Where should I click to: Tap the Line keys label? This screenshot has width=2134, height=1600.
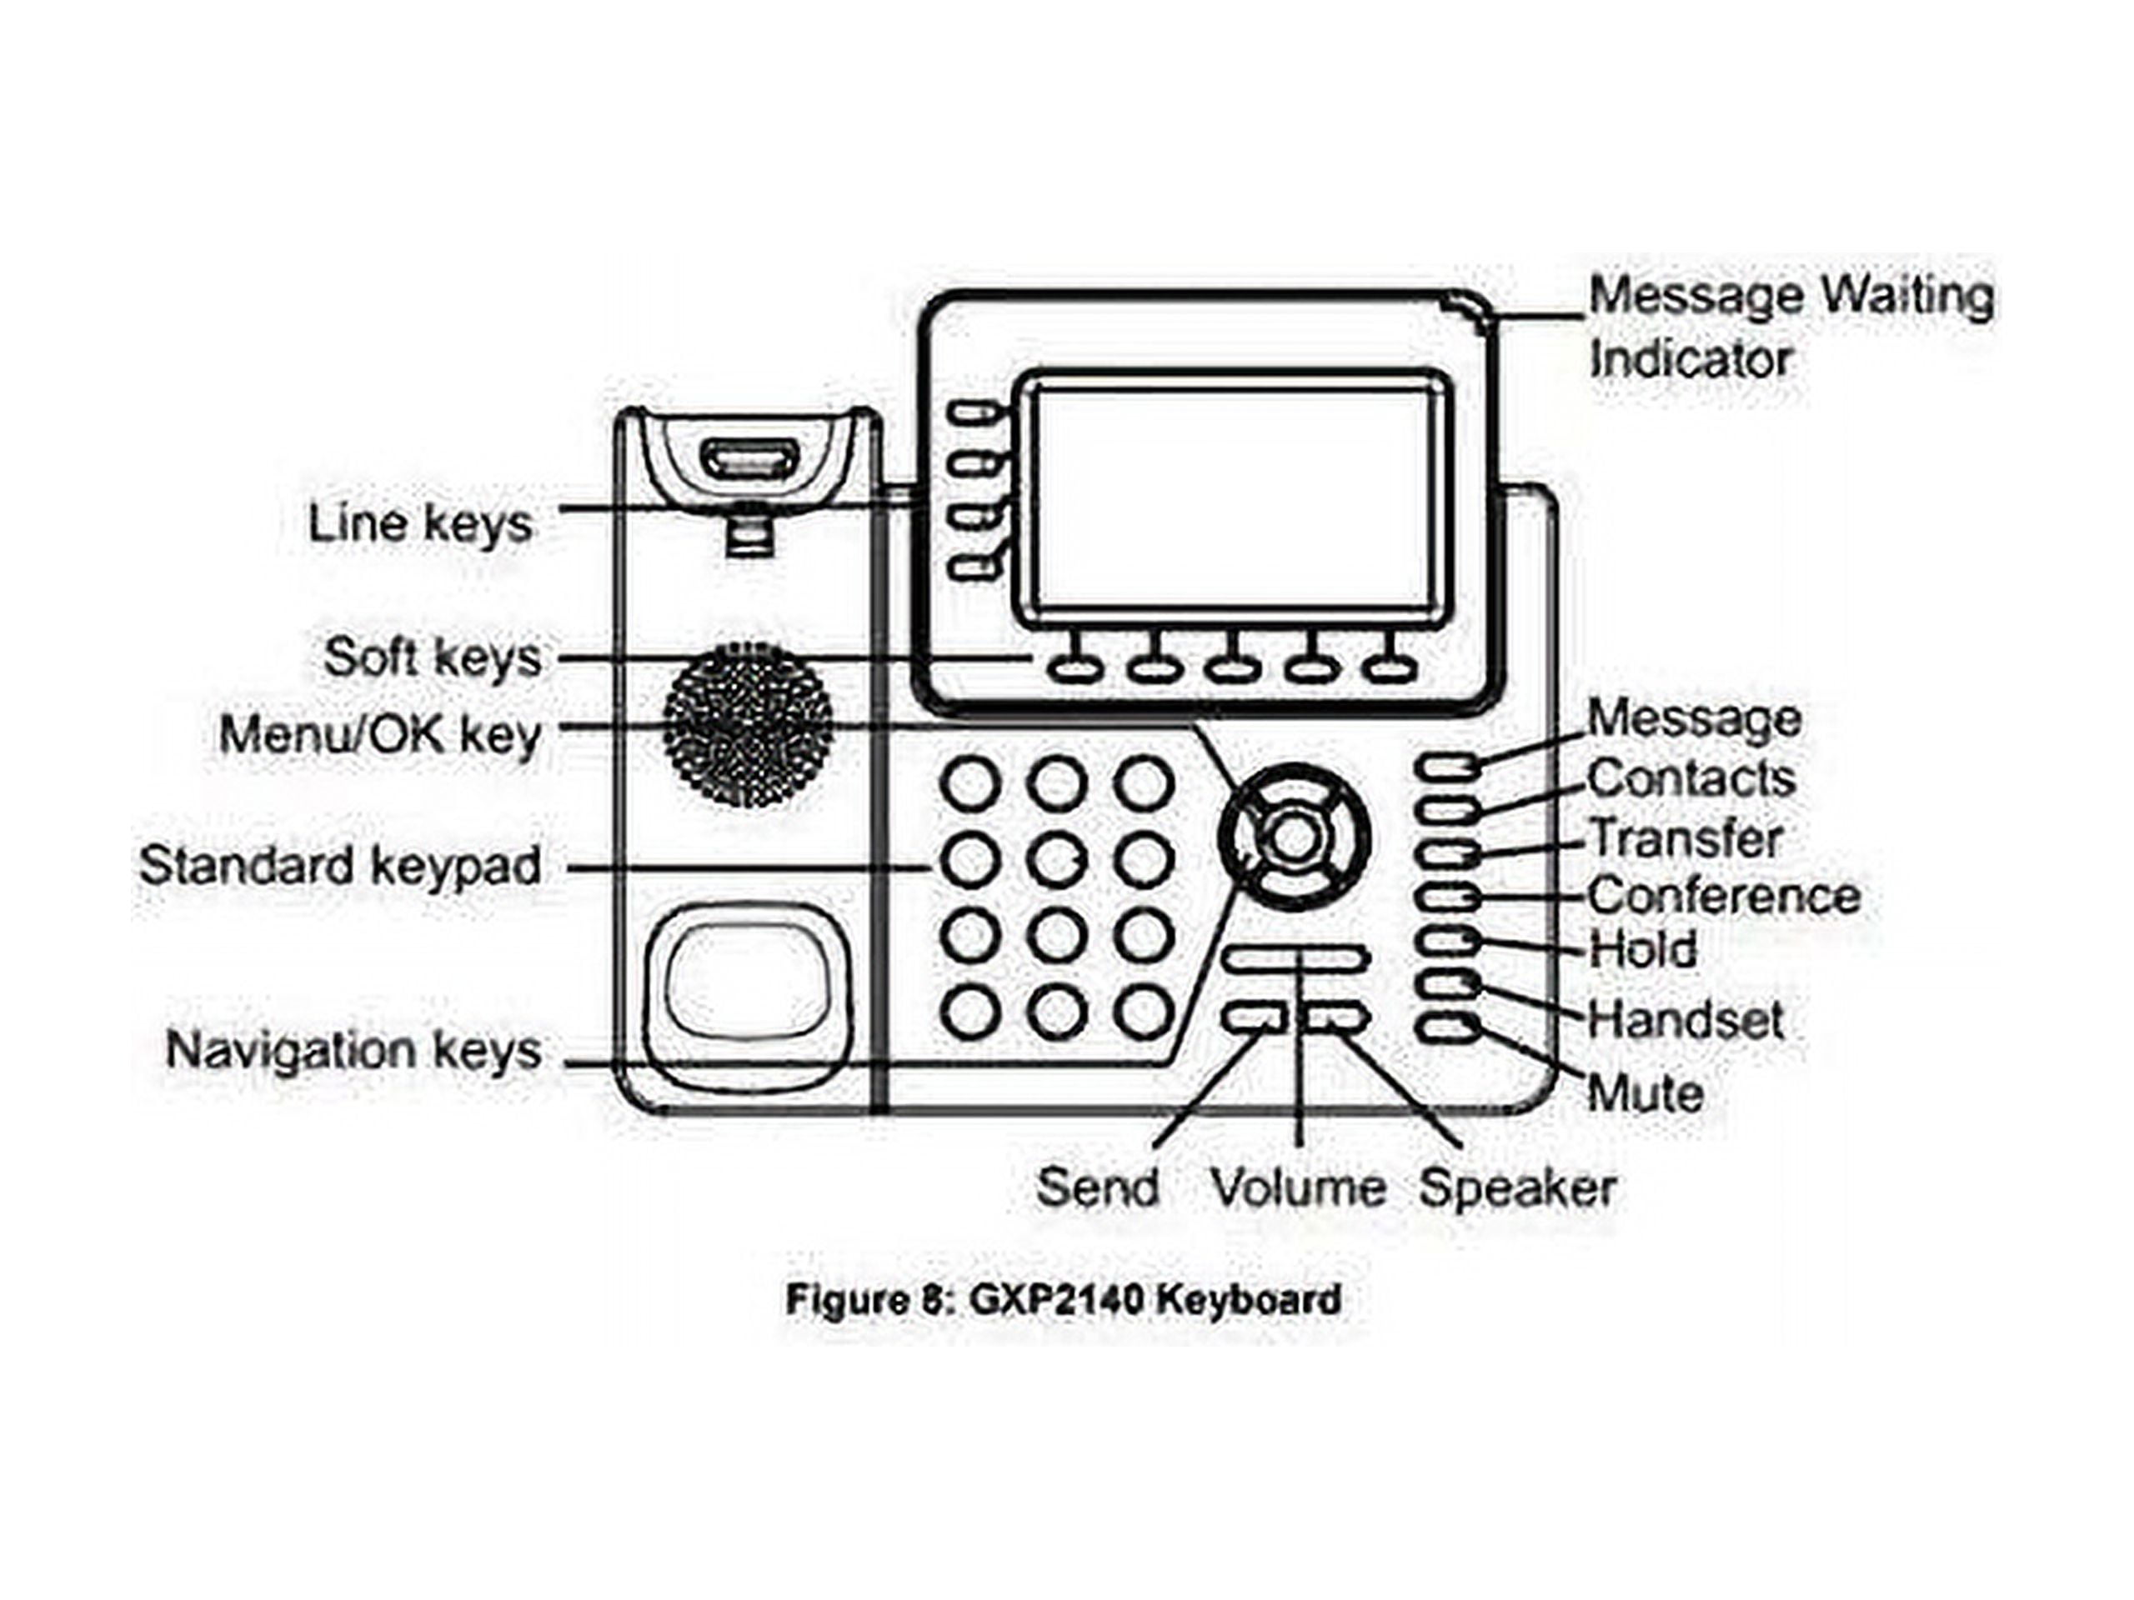point(421,523)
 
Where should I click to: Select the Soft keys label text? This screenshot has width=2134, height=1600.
point(432,657)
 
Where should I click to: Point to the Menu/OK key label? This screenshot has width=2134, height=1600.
point(380,735)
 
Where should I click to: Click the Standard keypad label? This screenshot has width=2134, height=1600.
point(339,865)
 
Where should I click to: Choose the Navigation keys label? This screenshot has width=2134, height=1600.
point(353,1049)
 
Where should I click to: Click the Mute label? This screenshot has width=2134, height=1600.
point(1645,1092)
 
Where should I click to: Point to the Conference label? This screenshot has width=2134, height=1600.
point(1724,896)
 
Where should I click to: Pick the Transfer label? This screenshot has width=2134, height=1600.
point(1685,838)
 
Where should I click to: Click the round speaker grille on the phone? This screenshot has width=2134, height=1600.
point(748,724)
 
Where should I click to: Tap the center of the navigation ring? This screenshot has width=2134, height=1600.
point(1294,838)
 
